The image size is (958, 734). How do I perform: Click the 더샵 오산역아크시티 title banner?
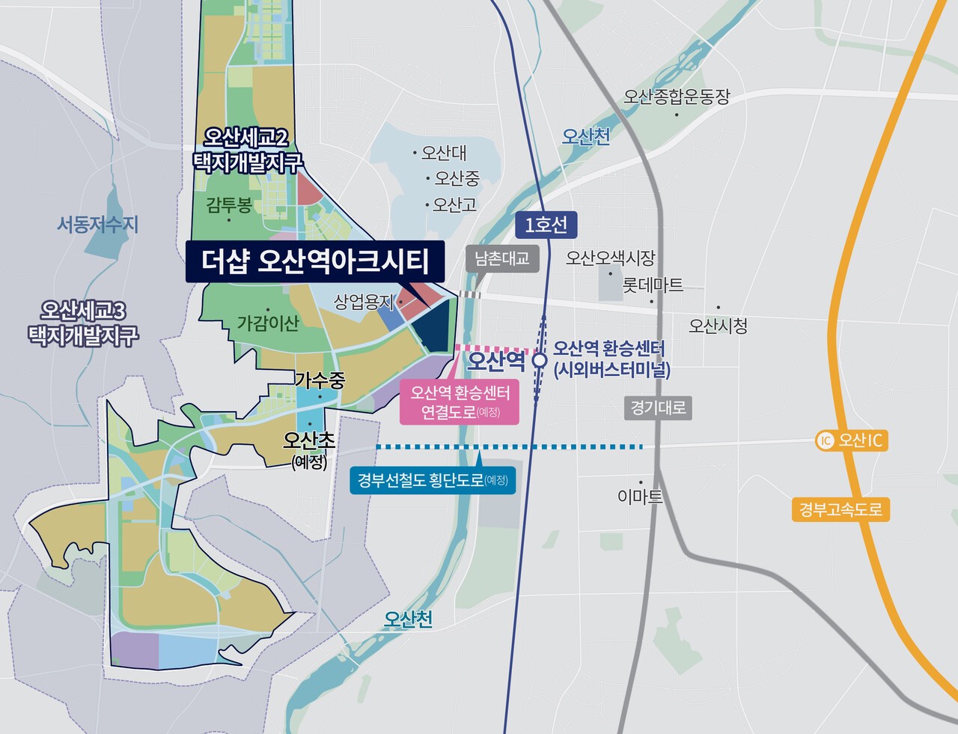tap(315, 261)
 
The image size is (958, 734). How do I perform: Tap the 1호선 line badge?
tap(546, 225)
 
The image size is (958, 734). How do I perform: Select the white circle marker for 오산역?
tap(539, 361)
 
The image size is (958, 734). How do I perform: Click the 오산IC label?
tap(860, 440)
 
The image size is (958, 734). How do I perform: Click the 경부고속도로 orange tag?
tap(840, 511)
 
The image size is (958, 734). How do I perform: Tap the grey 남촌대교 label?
tap(502, 258)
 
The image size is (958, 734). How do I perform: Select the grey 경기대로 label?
tap(658, 408)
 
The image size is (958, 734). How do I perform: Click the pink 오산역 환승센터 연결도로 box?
tap(460, 402)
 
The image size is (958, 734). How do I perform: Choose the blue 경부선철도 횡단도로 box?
tap(433, 480)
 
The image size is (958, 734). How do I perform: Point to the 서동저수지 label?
tap(97, 224)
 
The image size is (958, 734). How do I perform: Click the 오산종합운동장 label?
tap(676, 97)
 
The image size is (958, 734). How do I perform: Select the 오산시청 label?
tap(718, 326)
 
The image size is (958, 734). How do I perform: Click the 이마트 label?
tap(641, 496)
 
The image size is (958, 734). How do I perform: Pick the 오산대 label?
tap(443, 153)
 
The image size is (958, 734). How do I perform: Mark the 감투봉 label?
tap(229, 204)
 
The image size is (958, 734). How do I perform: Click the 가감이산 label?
tap(267, 323)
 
